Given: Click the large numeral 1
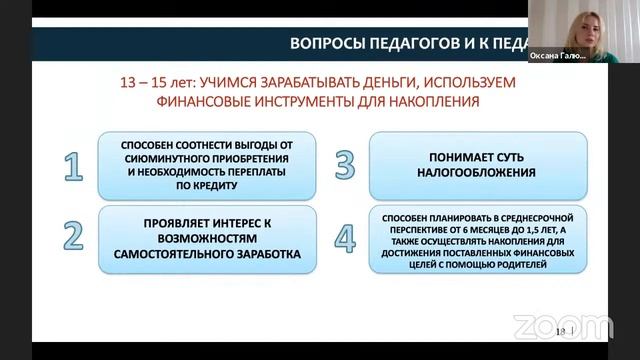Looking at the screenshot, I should pos(72,166).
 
